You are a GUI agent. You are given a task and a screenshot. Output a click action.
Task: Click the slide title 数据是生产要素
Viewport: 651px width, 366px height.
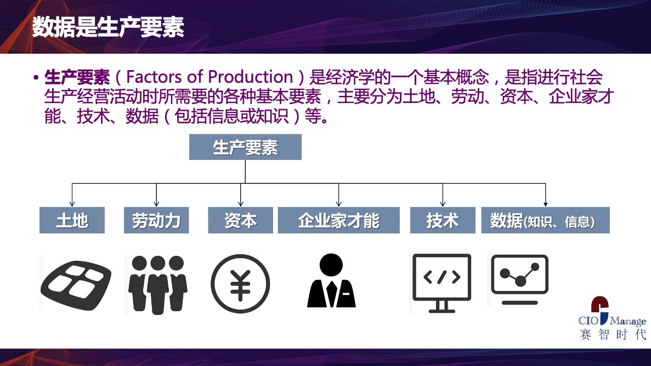click(x=108, y=27)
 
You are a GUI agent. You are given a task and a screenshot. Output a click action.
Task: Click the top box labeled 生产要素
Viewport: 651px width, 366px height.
click(x=245, y=147)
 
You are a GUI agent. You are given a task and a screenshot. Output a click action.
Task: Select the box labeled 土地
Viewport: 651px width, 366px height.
click(x=72, y=220)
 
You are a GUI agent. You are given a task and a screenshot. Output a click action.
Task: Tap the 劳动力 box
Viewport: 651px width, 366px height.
click(x=156, y=220)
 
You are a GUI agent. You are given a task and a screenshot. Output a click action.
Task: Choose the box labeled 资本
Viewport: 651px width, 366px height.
click(x=240, y=220)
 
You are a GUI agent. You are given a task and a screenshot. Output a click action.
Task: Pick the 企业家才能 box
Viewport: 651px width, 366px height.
click(x=339, y=220)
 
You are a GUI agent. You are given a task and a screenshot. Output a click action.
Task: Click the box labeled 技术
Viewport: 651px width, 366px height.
click(x=443, y=220)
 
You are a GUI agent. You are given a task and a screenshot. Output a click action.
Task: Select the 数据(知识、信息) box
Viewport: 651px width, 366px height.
click(x=546, y=220)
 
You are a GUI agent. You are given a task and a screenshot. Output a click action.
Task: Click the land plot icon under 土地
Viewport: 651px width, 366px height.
click(x=76, y=285)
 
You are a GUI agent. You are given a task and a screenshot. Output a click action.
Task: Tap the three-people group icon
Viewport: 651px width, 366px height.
click(x=158, y=285)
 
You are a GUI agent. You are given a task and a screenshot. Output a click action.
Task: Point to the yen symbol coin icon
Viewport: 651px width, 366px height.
click(x=240, y=284)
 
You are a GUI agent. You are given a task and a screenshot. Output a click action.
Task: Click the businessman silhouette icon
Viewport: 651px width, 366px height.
click(x=331, y=281)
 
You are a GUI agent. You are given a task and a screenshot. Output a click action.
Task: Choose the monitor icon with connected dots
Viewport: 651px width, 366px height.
click(x=520, y=279)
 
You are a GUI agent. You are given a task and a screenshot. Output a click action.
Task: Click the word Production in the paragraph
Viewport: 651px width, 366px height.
click(x=250, y=77)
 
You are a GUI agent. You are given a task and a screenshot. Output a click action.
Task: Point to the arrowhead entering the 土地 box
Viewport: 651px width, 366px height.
click(x=72, y=204)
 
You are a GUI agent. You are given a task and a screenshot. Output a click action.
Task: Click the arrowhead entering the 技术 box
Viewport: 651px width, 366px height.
click(x=443, y=204)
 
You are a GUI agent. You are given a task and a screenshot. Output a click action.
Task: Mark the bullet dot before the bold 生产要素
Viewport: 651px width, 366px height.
click(x=36, y=78)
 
